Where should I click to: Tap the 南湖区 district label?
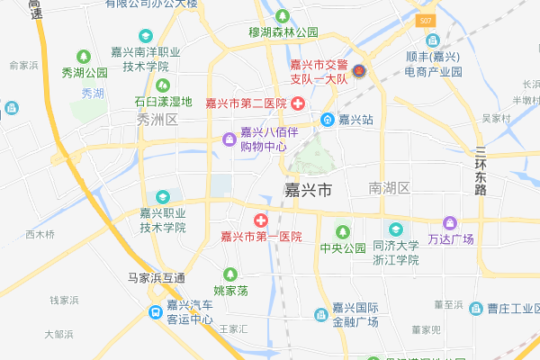click(389, 188)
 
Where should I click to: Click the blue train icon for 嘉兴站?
click(329, 119)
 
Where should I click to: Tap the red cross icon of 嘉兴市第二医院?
click(297, 103)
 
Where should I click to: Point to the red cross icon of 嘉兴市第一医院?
click(260, 220)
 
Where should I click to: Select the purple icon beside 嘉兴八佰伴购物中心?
click(229, 138)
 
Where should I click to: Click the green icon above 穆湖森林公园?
click(283, 16)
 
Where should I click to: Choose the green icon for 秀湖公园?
click(84, 56)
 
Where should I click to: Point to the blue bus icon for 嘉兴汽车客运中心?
click(157, 311)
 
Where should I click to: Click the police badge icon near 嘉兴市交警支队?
click(358, 71)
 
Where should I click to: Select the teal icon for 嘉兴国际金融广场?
click(321, 313)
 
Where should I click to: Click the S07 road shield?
click(427, 20)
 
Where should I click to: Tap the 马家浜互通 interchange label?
click(156, 276)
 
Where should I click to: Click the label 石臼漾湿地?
click(163, 101)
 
